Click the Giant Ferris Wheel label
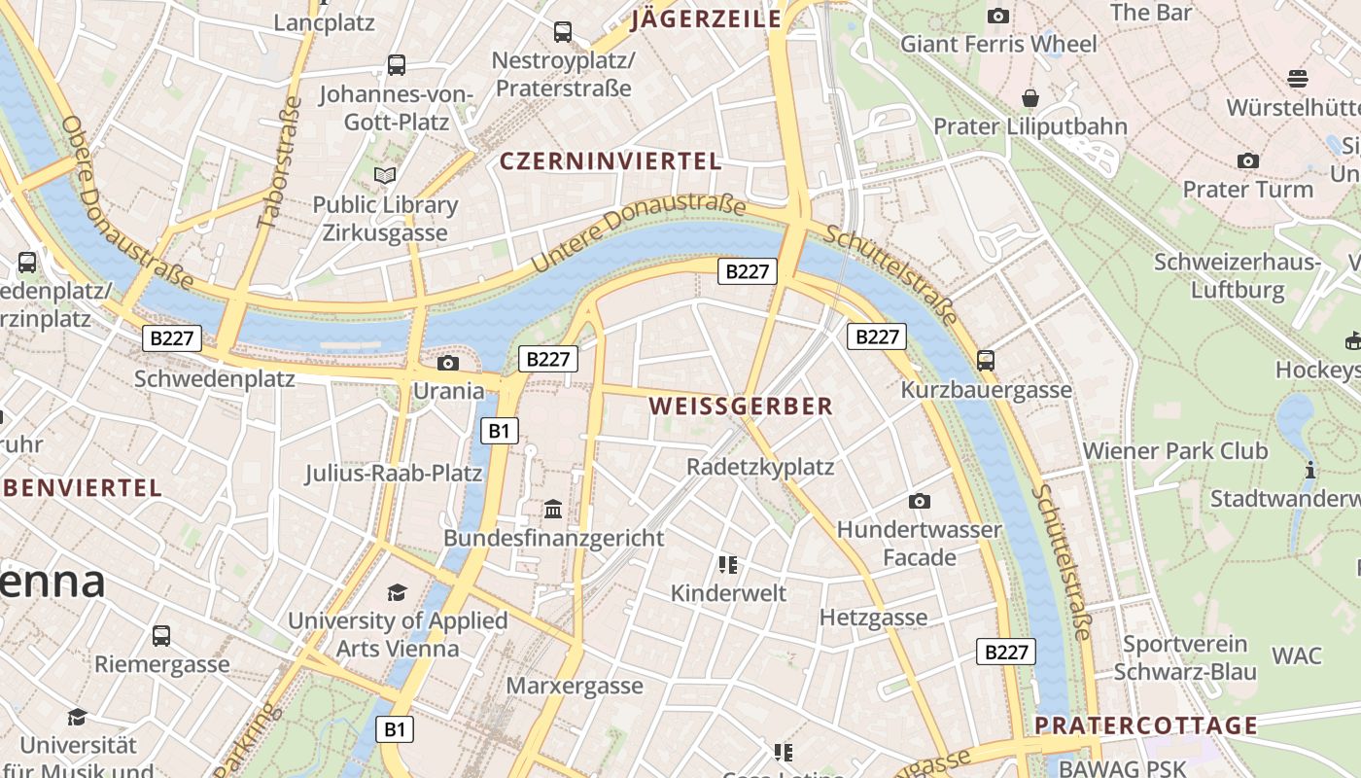pyautogui.click(x=998, y=44)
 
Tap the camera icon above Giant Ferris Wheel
pyautogui.click(x=997, y=16)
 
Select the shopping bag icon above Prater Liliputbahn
pyautogui.click(x=1030, y=98)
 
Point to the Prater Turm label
pyautogui.click(x=1247, y=189)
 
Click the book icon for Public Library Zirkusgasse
pyautogui.click(x=385, y=176)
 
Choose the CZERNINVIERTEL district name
pyautogui.click(x=611, y=161)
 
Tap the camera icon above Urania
pyautogui.click(x=447, y=364)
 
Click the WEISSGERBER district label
pyautogui.click(x=741, y=407)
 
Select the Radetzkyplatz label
pyautogui.click(x=760, y=467)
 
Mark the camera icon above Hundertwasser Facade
pyautogui.click(x=919, y=502)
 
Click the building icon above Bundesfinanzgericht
pyautogui.click(x=553, y=509)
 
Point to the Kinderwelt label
pyautogui.click(x=728, y=593)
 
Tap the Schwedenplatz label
pyautogui.click(x=215, y=378)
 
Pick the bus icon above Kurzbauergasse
pyautogui.click(x=986, y=361)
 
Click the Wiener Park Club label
pyautogui.click(x=1175, y=451)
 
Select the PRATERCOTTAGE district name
pyautogui.click(x=1146, y=725)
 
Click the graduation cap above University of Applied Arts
pyautogui.click(x=397, y=592)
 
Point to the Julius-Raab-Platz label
pyautogui.click(x=394, y=474)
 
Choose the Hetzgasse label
pyautogui.click(x=873, y=618)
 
